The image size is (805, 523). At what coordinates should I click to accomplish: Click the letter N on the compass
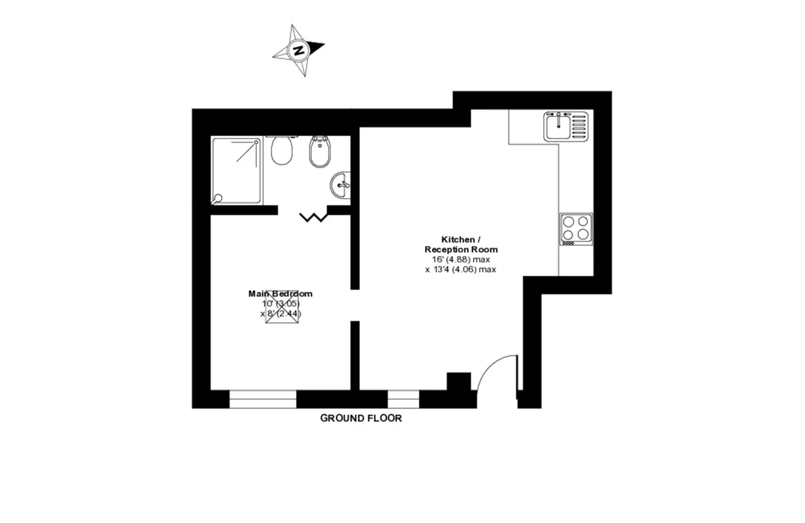[299, 50]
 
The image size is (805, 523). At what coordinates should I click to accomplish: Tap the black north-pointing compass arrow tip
[324, 45]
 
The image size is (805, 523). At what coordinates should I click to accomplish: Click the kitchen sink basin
[558, 126]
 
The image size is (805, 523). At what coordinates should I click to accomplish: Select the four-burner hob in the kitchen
[576, 229]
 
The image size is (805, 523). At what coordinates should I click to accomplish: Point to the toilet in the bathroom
[282, 150]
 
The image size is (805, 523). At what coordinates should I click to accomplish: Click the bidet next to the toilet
[320, 151]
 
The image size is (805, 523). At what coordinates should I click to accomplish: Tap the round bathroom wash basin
[340, 185]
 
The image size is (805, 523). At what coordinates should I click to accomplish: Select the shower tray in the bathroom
[236, 171]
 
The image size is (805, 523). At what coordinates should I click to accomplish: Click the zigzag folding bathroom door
[314, 217]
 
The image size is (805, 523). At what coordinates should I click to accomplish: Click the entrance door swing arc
[490, 364]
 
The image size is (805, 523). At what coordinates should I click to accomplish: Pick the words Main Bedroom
[280, 294]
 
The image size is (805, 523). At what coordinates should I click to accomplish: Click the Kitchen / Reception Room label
[461, 244]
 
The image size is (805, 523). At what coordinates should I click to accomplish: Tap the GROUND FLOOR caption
[361, 418]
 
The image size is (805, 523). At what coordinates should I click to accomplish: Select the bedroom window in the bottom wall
[263, 399]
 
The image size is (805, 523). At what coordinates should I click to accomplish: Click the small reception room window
[403, 399]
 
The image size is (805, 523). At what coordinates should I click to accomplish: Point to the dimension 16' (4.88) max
[461, 259]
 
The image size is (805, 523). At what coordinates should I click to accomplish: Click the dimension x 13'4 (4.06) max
[461, 269]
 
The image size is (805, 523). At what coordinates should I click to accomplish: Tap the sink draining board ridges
[579, 126]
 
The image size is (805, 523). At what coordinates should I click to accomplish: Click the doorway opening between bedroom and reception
[355, 305]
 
